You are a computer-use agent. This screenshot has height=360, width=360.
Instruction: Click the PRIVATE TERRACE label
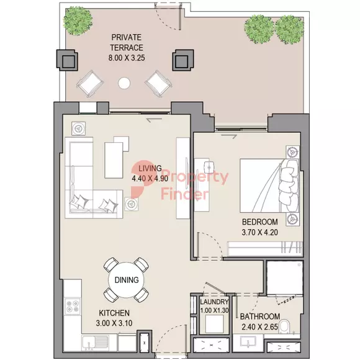[x=127, y=42]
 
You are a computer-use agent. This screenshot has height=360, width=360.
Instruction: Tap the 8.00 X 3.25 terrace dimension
[x=127, y=58]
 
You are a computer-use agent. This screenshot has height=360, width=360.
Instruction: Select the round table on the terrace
[x=124, y=83]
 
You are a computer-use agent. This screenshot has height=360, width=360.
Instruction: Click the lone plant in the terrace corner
[x=78, y=21]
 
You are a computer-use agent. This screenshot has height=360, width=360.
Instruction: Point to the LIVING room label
[x=150, y=168]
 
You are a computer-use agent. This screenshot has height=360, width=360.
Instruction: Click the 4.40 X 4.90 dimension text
[x=150, y=178]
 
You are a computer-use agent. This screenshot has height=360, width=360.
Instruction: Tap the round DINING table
[x=126, y=280]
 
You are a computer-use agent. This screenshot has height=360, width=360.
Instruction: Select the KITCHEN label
[x=114, y=313]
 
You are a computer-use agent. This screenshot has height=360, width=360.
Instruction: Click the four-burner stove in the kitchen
[x=73, y=307]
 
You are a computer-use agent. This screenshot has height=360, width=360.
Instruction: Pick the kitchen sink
[x=96, y=343]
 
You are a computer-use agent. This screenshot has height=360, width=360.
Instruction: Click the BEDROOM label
[x=260, y=222]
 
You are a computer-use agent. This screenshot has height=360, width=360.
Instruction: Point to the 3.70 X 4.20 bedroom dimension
[x=260, y=232]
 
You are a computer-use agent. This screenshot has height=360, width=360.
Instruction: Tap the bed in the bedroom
[x=269, y=186]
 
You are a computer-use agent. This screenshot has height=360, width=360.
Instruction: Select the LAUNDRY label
[x=214, y=302]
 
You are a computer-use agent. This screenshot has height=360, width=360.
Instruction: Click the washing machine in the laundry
[x=214, y=323]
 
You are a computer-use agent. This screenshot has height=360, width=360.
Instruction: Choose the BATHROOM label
[x=260, y=317]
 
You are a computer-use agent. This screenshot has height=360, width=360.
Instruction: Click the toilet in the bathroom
[x=285, y=326]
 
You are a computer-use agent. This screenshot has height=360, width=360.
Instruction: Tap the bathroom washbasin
[x=248, y=342]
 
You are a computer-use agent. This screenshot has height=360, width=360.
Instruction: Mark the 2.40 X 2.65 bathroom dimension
[x=259, y=326]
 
